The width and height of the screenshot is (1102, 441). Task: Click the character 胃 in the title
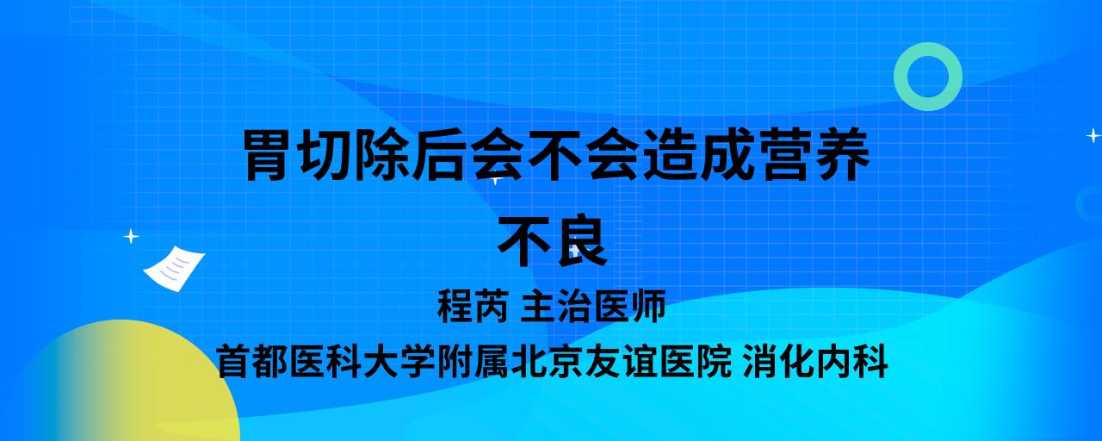[266, 154]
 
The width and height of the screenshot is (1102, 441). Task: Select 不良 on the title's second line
[552, 240]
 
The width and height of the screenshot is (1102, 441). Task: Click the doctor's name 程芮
[473, 306]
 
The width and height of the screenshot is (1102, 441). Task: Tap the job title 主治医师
[593, 306]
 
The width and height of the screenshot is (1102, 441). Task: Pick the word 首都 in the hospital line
[252, 361]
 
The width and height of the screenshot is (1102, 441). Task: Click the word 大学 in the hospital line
[399, 361]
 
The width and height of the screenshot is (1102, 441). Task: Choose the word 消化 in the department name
[779, 361]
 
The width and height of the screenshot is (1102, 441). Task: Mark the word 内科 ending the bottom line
[852, 361]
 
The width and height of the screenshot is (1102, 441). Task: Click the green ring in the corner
[901, 77]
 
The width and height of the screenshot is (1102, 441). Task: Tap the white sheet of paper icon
[174, 269]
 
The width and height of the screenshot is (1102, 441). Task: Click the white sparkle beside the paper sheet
[131, 237]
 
